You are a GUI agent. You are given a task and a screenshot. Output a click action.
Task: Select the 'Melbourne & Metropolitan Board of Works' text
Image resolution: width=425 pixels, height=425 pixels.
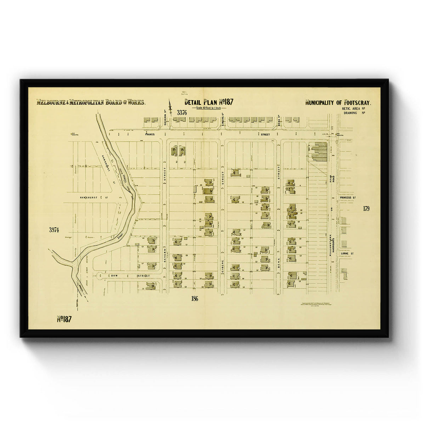click(x=91, y=103)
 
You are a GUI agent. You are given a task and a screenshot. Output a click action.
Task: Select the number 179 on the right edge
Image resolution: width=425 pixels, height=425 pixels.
click(x=366, y=209)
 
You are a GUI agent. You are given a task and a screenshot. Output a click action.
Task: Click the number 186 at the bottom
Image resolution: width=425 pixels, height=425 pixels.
click(x=194, y=299)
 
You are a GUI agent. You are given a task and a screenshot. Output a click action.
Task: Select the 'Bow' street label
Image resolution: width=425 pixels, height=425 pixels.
click(x=114, y=276)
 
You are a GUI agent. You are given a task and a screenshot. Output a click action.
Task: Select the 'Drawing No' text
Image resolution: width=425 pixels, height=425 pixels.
click(x=354, y=113)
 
